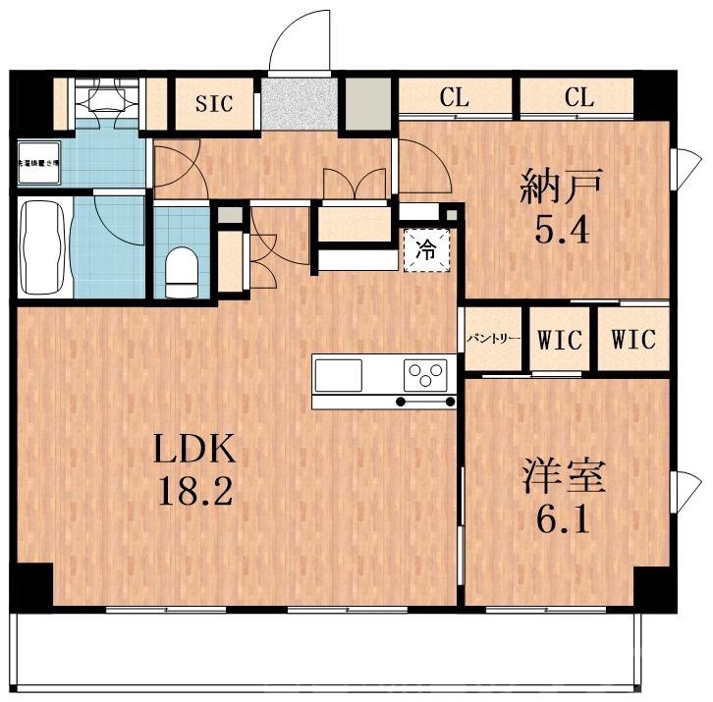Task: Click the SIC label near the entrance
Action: coord(214,103)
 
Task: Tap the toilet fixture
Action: coord(182,268)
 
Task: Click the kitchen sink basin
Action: coord(338,373)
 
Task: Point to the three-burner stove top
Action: coord(425,374)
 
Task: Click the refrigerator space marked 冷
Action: coord(426,249)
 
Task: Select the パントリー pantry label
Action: coord(493,340)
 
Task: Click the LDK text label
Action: coord(193,451)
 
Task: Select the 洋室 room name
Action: coord(563,476)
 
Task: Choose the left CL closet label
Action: coord(454,97)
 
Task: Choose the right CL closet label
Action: coord(578,97)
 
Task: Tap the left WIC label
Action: coord(561,340)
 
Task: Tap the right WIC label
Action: coord(632,340)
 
